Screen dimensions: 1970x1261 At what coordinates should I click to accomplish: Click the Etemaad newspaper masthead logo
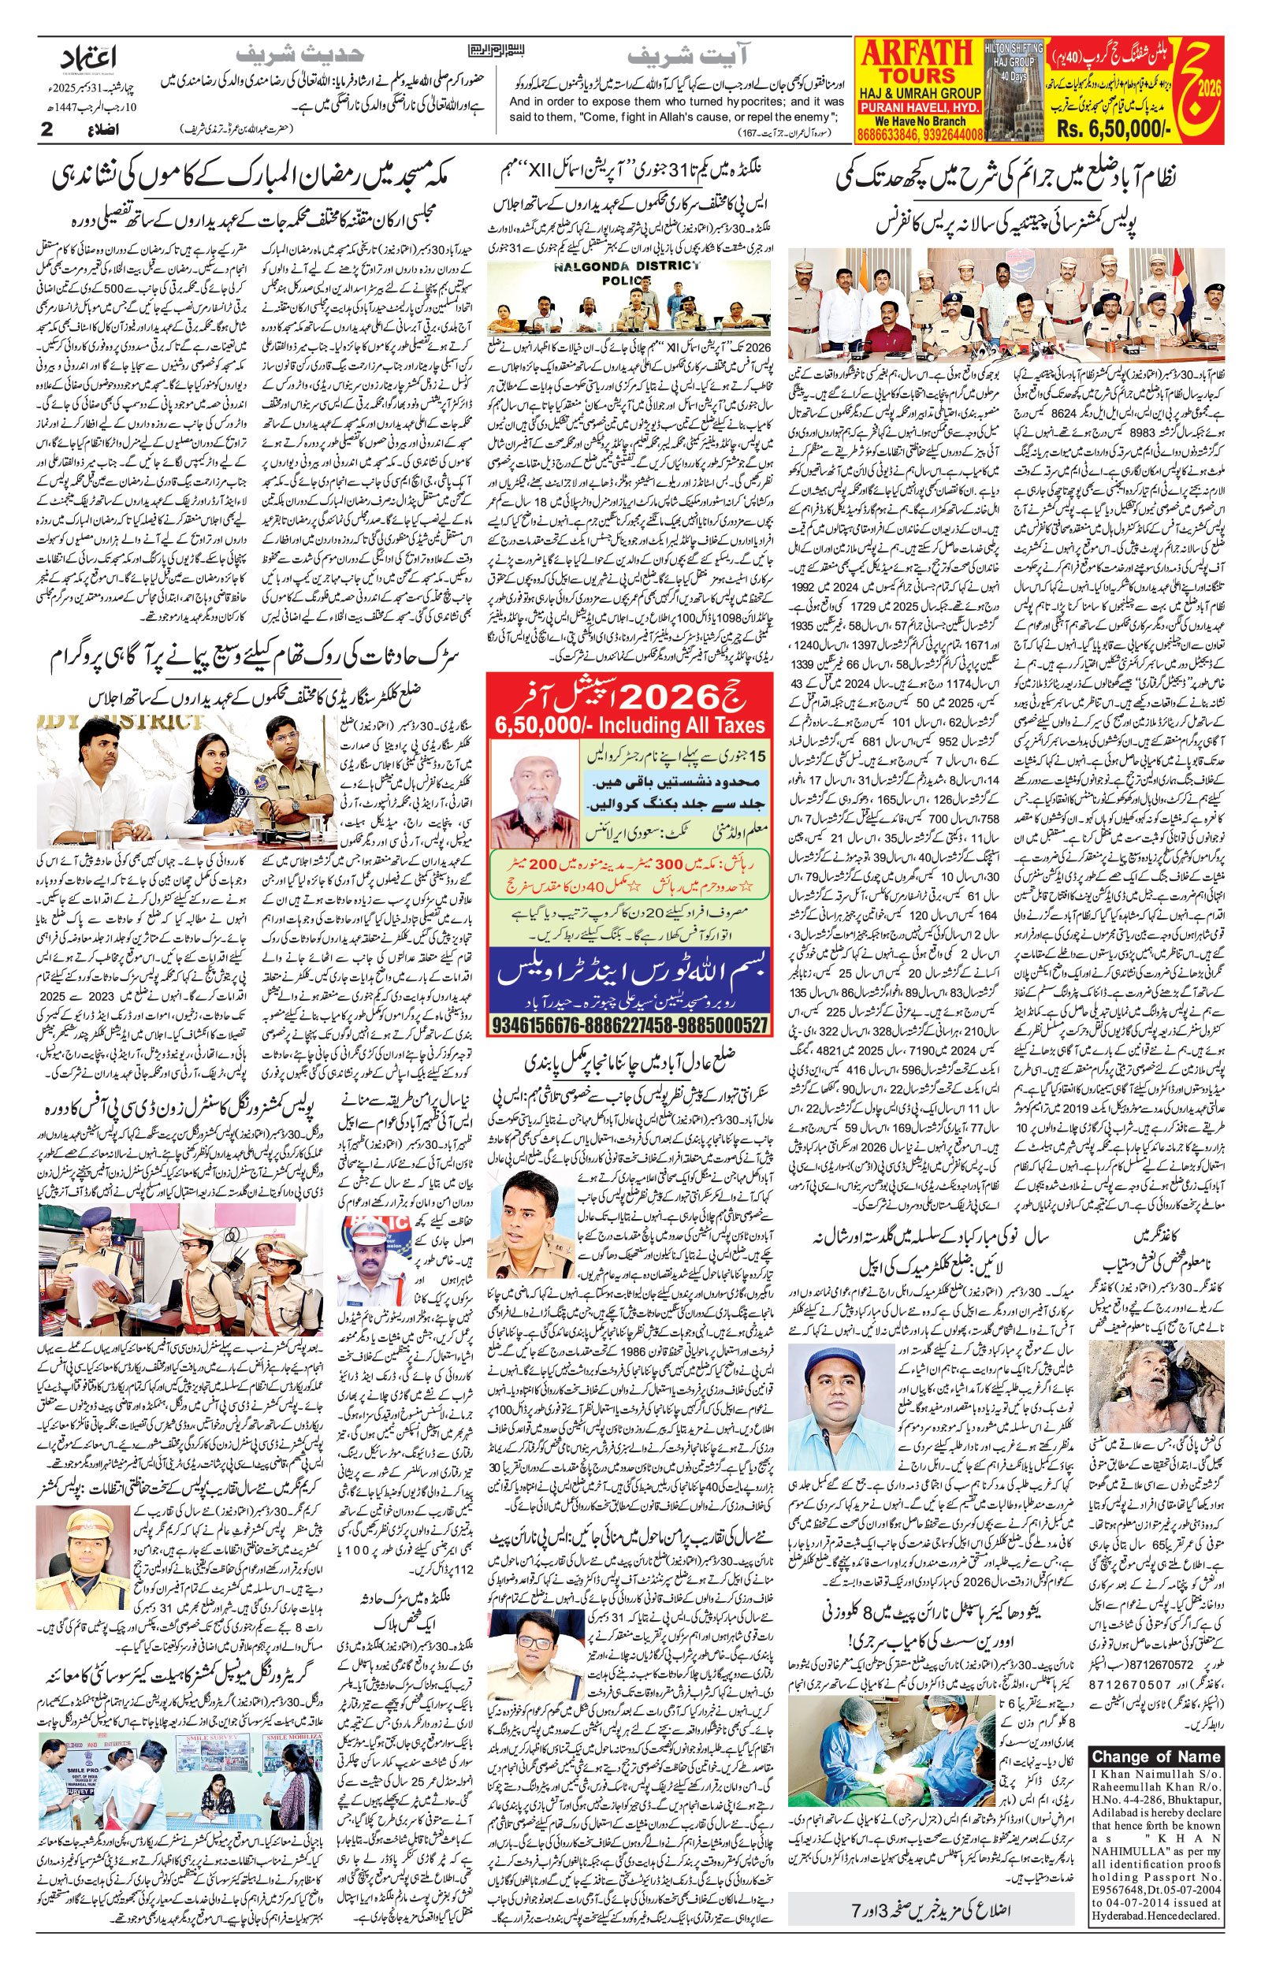[x=89, y=59]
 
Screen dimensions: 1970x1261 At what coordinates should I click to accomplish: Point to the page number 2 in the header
[x=47, y=129]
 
